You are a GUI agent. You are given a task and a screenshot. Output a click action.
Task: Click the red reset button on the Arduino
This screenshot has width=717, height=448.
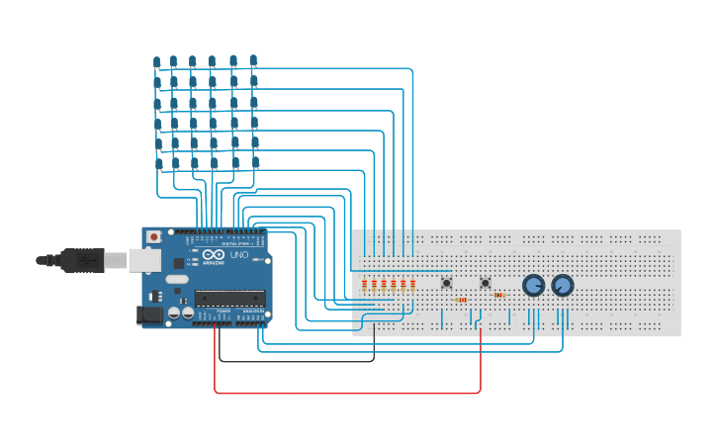[153, 237]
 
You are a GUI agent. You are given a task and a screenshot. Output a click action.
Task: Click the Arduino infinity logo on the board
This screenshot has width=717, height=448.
[213, 255]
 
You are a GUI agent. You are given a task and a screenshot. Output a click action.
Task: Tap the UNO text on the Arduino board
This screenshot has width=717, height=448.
[241, 255]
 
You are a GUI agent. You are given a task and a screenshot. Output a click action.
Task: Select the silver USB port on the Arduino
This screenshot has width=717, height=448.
[144, 260]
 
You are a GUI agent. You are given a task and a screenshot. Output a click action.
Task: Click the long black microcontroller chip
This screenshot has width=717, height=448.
[229, 298]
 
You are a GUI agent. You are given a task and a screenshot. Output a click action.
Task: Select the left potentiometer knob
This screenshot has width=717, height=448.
[533, 286]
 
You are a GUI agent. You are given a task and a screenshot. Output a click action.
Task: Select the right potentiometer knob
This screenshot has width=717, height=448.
[563, 286]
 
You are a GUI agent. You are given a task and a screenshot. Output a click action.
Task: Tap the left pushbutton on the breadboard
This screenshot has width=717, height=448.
[446, 283]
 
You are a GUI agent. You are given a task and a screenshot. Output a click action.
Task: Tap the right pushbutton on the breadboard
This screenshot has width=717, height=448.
[485, 283]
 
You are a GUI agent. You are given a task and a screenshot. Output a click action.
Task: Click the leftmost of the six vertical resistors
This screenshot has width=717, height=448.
[364, 285]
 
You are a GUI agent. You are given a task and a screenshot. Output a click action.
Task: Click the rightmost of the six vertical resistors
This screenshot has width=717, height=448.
[412, 285]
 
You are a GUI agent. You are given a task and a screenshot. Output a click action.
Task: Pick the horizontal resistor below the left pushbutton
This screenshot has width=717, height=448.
[460, 300]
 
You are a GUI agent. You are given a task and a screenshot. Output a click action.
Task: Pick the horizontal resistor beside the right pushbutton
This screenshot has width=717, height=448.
[498, 295]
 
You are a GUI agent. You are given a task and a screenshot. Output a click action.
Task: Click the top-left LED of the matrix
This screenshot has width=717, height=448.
[157, 63]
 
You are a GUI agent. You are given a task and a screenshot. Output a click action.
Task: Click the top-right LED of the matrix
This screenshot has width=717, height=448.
[253, 60]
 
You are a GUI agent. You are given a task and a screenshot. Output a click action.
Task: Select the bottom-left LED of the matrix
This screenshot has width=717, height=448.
[159, 165]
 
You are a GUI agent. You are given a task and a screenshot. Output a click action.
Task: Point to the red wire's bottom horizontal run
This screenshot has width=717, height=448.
[346, 393]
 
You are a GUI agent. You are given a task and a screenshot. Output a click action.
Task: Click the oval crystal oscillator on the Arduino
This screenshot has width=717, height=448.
[177, 279]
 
